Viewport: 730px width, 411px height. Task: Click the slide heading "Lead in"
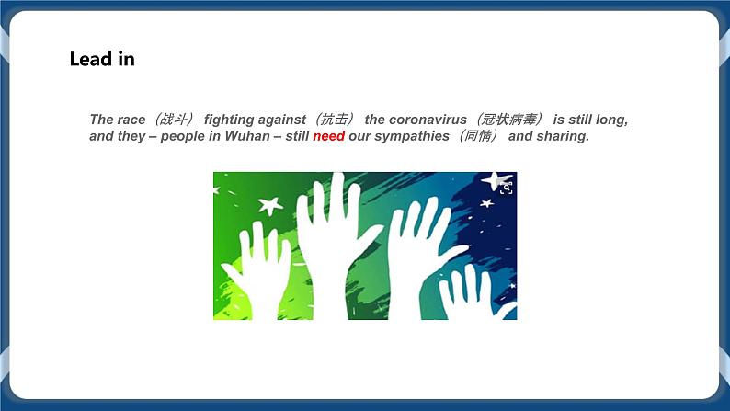click(x=102, y=60)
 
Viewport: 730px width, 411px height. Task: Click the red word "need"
click(x=328, y=137)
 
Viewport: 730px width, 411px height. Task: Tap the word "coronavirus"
click(x=428, y=120)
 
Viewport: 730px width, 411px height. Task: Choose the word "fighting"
click(x=228, y=120)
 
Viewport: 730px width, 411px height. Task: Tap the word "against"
click(x=281, y=120)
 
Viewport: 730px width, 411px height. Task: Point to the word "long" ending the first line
click(x=613, y=120)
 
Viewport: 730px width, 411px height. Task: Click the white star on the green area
click(x=269, y=205)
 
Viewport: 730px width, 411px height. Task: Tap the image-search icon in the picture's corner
click(x=507, y=188)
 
